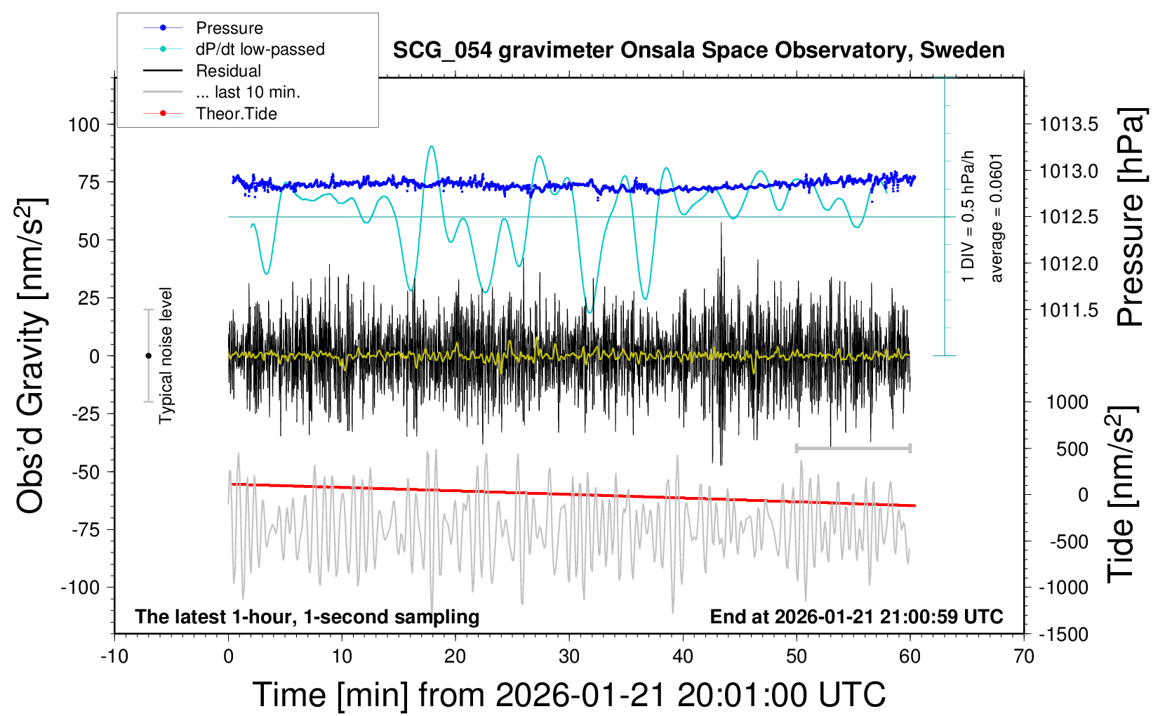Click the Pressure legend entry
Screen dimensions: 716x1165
229,28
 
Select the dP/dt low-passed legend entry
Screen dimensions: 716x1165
260,49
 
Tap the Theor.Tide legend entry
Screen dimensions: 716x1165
236,114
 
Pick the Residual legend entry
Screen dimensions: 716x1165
228,71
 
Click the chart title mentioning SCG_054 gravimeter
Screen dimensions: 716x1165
698,51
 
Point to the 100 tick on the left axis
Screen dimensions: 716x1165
84,125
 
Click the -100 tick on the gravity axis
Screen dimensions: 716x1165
81,587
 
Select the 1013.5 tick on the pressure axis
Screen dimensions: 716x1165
1068,125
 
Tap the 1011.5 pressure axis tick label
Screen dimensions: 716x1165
1068,310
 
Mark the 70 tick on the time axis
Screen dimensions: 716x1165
1024,657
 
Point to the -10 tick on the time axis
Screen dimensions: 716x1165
114,657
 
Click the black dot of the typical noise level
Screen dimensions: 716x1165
148,356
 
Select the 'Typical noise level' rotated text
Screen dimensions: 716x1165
166,356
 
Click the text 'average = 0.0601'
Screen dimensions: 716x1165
997,218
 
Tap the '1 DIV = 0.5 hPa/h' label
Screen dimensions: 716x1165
968,216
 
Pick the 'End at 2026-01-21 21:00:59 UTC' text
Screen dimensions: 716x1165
856,617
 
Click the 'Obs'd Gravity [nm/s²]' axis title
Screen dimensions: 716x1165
32,356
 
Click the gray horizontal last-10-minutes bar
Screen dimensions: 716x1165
853,448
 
